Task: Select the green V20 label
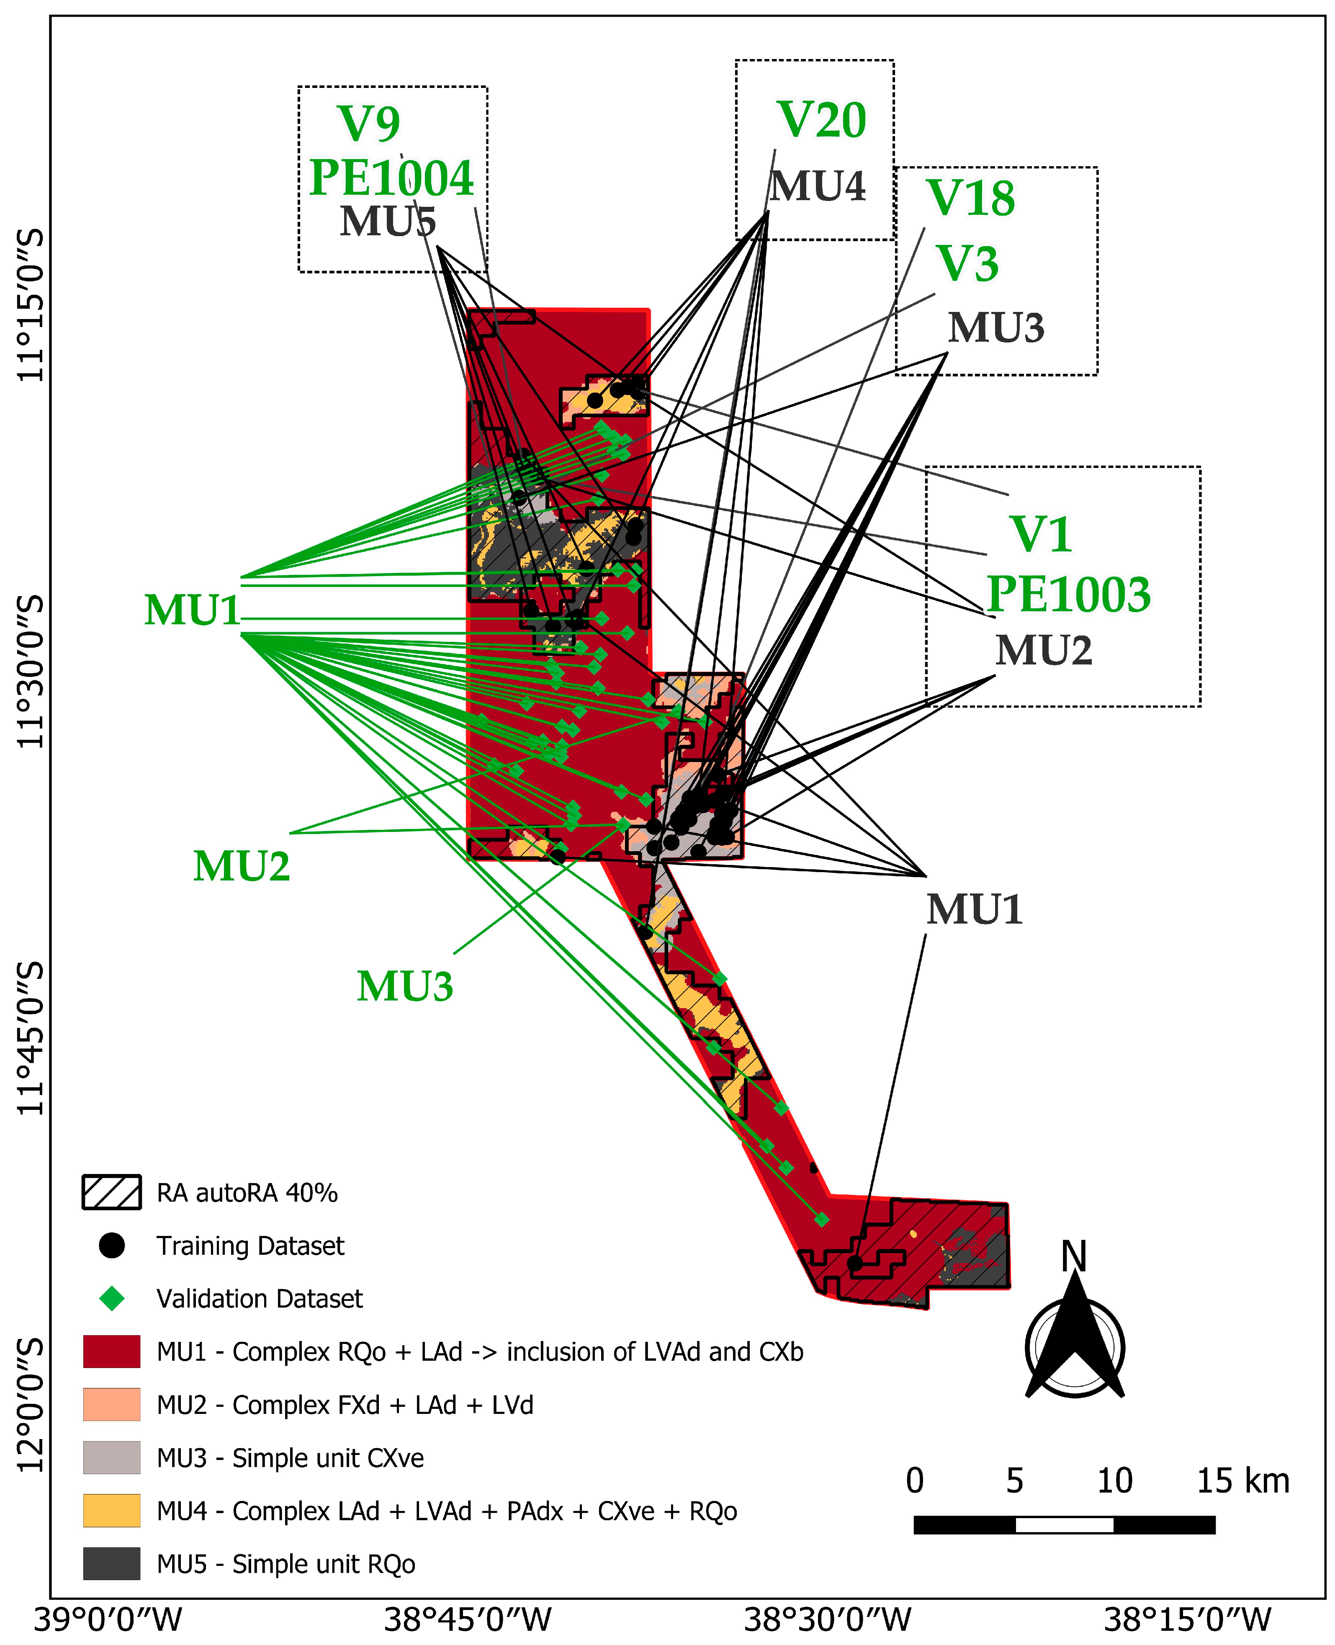point(821,120)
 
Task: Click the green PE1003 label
point(1068,595)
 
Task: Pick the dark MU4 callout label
point(818,186)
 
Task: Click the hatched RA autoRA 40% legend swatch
point(111,1192)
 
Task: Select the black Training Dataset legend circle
point(111,1245)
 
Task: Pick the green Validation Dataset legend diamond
point(111,1298)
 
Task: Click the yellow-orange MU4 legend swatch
point(111,1511)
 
